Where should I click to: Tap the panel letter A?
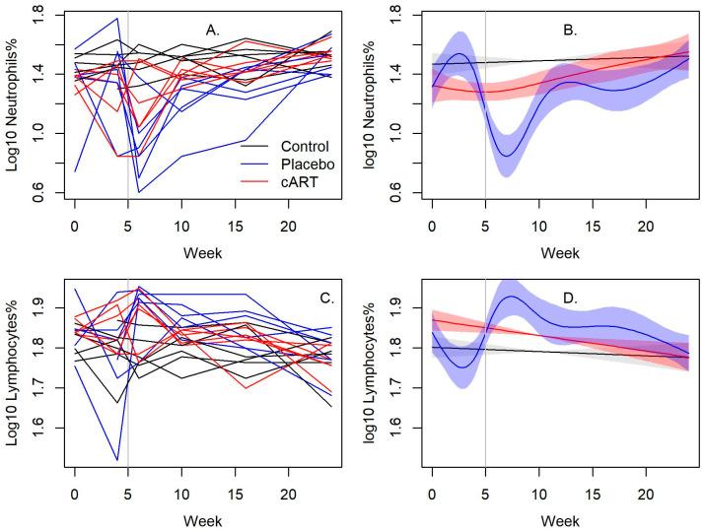click(212, 31)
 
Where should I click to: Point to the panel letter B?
click(570, 31)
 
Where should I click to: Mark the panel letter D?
click(570, 294)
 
